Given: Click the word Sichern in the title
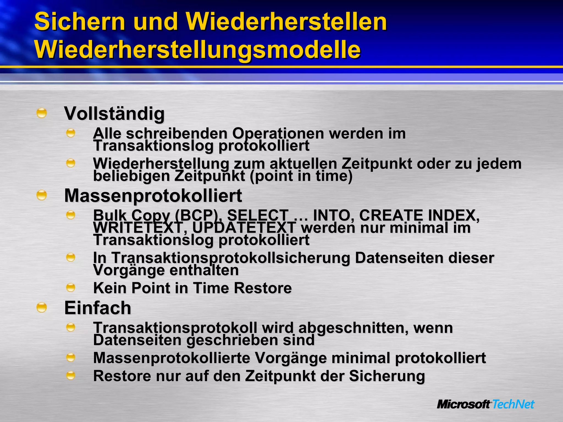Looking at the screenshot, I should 80,22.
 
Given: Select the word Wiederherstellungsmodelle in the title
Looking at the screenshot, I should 197,50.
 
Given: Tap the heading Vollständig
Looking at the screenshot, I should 114,113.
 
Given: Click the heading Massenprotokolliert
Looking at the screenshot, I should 153,196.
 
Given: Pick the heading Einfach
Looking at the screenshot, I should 98,308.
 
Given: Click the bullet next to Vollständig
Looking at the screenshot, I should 42,113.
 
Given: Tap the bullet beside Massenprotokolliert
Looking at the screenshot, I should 42,195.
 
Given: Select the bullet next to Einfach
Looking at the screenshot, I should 42,307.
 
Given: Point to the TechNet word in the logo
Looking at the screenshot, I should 513,404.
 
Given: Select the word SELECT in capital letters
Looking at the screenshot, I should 258,215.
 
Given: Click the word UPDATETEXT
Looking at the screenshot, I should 244,228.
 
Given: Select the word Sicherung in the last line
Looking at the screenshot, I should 387,376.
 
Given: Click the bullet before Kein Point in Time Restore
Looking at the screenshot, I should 71,288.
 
